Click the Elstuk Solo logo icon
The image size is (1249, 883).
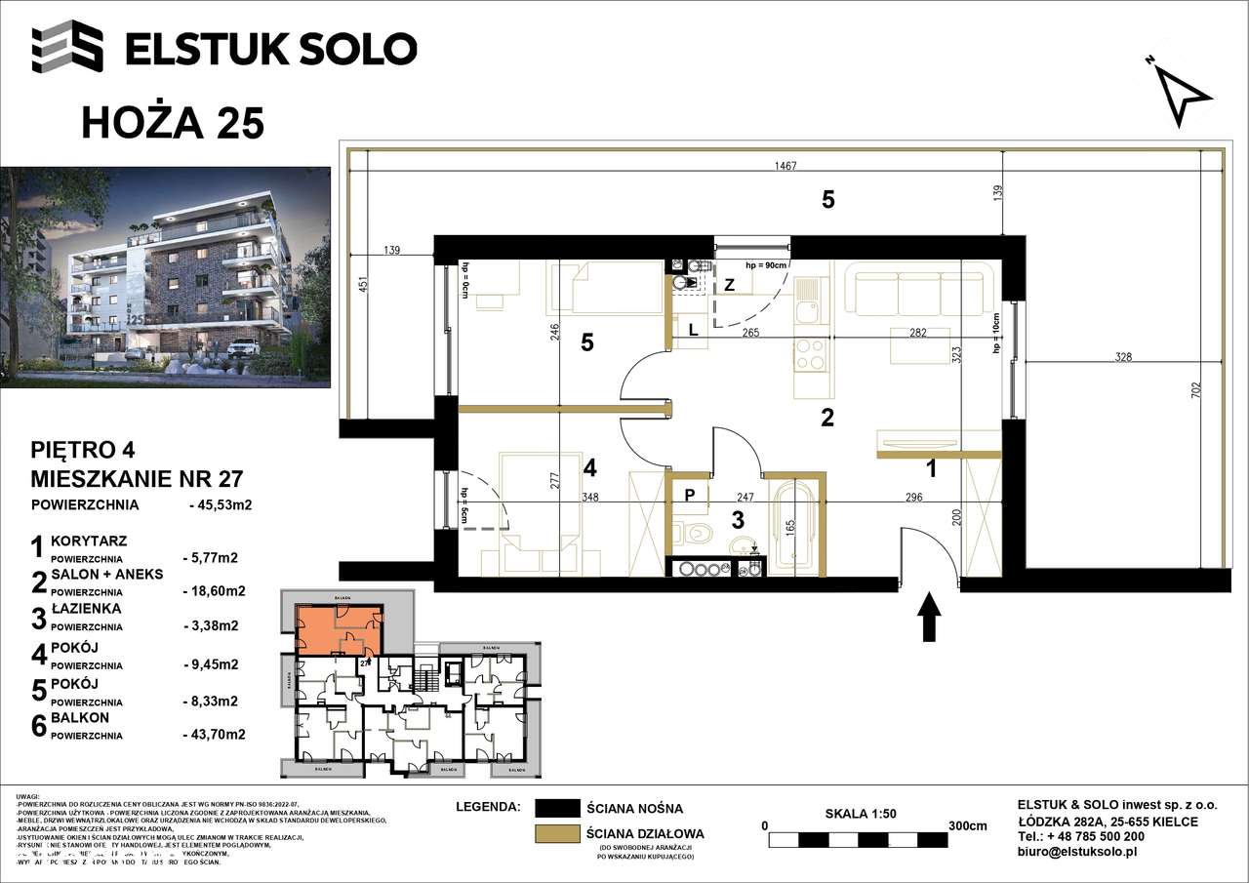67,47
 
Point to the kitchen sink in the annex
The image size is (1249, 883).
809,315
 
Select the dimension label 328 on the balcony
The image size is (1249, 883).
1123,357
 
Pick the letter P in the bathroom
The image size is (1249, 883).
689,495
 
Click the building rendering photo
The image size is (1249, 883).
166,277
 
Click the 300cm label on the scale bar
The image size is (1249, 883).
967,825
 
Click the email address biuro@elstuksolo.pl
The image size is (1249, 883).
1077,851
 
